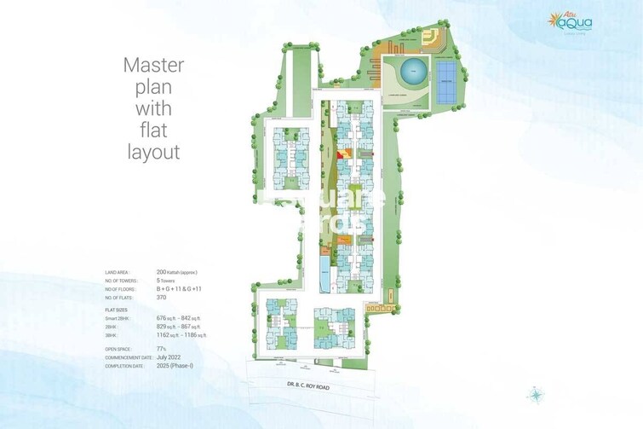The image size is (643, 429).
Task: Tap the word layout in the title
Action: point(154,153)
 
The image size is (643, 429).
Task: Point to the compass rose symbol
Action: point(536,395)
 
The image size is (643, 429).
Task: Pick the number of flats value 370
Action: point(161,298)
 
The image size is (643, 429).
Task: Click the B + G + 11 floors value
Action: point(180,289)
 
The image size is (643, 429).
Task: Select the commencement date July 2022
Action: point(168,357)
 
